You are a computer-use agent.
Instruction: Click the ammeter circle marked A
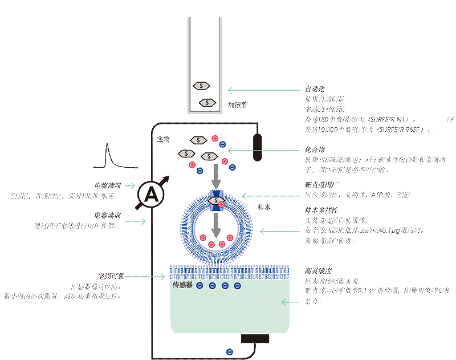click(152, 195)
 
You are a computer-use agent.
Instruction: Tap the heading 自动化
click(315, 90)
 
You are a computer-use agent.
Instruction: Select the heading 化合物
click(315, 150)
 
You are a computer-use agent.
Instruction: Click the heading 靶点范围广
click(319, 185)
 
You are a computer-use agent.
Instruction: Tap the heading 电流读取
click(107, 186)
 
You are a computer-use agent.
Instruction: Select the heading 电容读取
click(107, 216)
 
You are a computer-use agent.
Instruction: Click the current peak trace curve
click(108, 157)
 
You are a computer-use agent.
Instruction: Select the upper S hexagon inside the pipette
click(201, 85)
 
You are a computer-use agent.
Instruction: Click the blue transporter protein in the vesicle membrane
click(216, 200)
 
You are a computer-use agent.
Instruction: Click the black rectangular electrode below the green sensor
click(255, 339)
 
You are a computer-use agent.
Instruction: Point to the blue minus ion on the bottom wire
click(230, 351)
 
